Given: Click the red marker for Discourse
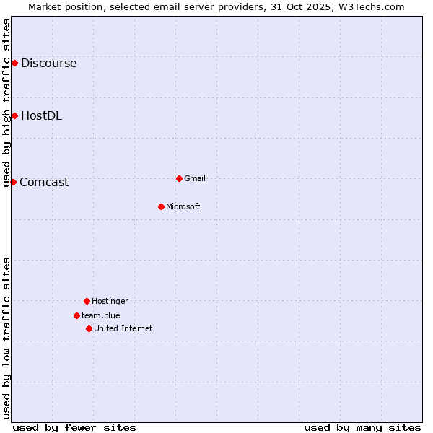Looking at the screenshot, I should point(14,64).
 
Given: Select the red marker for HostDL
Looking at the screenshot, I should point(14,116).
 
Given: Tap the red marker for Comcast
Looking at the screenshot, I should point(13,182).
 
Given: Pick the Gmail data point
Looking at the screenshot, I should point(179,178).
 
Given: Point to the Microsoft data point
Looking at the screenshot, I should point(161,206).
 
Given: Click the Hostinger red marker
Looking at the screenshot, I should point(87,301).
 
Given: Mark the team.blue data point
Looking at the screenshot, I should point(76,315).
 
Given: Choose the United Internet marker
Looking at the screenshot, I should point(89,328).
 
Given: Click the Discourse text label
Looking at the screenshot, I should point(48,64).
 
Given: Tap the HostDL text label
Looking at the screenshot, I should point(41,116).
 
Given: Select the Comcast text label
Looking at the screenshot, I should point(44,183).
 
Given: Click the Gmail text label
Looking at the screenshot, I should point(195,178).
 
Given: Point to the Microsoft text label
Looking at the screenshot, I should point(183,206).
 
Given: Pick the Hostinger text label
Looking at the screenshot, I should point(110,301).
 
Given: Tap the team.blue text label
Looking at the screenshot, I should point(101,315).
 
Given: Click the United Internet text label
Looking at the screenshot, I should point(123,328).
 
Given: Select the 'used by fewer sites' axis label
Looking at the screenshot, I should point(74,427).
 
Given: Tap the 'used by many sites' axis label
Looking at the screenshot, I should point(362,427).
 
